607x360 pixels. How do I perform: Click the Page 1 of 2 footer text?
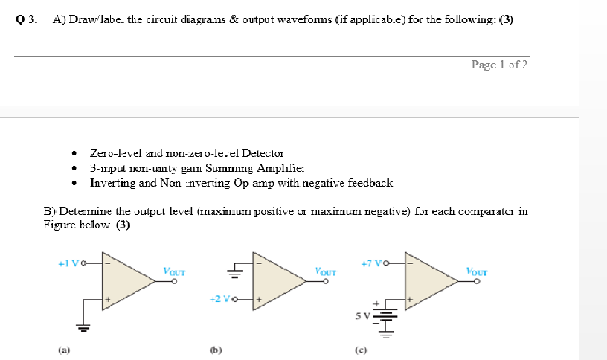(x=499, y=65)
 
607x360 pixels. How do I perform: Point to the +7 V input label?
(x=371, y=263)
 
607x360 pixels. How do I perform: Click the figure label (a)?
(x=59, y=347)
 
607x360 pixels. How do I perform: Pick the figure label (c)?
(x=360, y=347)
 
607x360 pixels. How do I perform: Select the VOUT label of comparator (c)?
(x=477, y=271)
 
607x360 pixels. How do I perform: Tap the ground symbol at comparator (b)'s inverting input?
(x=236, y=271)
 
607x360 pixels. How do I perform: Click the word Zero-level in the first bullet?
(x=115, y=152)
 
